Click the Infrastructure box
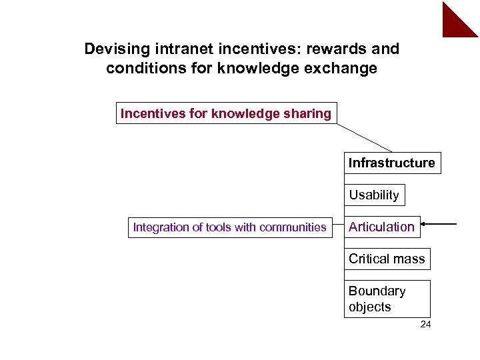(392, 163)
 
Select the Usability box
(374, 195)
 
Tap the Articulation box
(382, 227)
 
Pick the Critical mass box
(387, 259)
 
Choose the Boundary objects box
(387, 299)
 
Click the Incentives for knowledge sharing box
(226, 113)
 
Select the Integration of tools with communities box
(230, 227)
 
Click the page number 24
(426, 325)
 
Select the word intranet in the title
(175, 49)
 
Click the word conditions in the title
(139, 69)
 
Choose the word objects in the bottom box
(369, 307)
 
